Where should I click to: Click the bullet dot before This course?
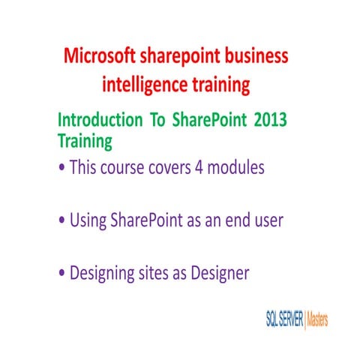(x=61, y=169)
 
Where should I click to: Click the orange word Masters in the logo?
(x=318, y=319)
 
